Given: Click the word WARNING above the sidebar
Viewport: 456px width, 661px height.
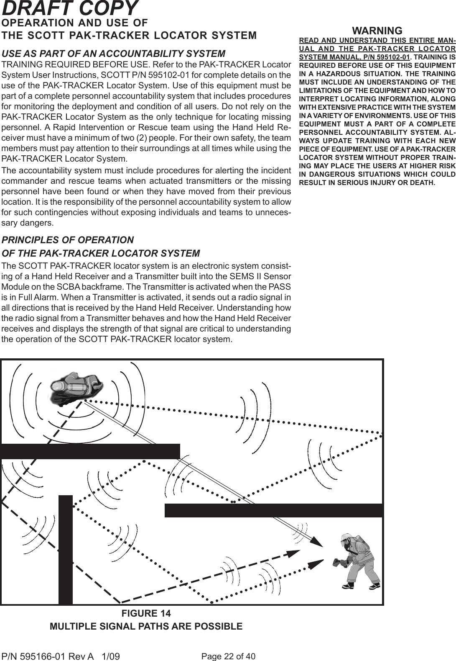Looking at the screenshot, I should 377,31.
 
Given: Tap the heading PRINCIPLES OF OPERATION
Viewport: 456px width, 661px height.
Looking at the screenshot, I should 68,240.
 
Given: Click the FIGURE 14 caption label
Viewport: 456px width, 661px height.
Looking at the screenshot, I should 146,614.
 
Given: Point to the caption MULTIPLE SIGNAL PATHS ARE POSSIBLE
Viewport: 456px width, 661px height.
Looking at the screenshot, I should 146,627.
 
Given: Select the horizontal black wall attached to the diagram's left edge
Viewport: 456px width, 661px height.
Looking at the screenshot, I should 90,451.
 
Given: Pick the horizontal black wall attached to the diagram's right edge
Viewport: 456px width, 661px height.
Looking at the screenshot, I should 274,510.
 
